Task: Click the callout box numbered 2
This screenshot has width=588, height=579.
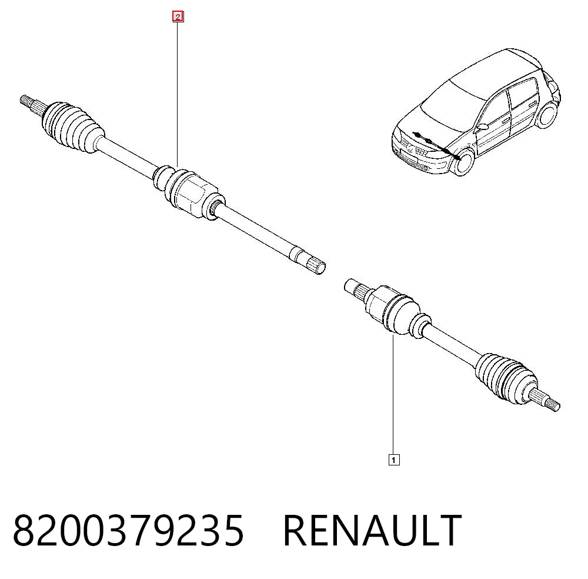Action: point(178,17)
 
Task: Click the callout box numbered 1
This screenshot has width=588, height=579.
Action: point(394,460)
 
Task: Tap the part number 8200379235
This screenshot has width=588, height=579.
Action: point(129,531)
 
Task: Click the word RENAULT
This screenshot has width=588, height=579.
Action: point(372,531)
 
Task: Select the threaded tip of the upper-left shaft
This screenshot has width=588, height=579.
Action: point(25,101)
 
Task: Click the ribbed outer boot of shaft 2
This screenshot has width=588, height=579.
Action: point(72,127)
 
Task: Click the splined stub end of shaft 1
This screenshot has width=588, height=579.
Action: point(356,289)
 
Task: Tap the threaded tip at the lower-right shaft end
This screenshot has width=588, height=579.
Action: point(553,405)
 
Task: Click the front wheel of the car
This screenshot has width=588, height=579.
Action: point(465,162)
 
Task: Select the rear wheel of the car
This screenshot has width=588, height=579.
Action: point(546,115)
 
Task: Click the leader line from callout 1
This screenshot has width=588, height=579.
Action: point(393,395)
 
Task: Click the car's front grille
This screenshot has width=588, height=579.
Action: point(413,148)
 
